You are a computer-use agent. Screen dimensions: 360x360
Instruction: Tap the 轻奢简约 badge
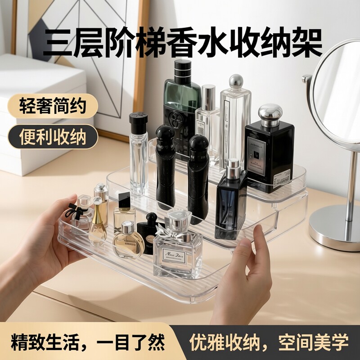coord(53,107)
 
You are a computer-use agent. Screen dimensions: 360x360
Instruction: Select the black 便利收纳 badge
coord(53,136)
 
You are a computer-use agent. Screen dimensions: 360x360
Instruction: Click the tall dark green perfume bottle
coord(182,108)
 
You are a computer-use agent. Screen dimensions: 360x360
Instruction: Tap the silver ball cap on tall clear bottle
coord(236,81)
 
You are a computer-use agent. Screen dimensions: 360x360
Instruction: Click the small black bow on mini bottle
coord(73,210)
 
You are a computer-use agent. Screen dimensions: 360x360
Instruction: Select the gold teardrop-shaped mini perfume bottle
coord(98,225)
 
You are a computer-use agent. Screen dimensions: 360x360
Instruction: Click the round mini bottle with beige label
coord(128,241)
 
